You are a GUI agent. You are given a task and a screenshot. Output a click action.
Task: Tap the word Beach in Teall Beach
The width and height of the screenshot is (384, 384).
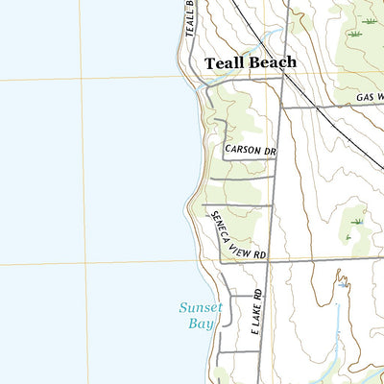coord(273,62)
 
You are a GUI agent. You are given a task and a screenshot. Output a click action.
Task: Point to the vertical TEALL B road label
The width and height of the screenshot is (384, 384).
coord(190,18)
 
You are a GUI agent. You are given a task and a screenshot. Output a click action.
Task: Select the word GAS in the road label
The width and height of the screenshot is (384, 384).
coord(364,98)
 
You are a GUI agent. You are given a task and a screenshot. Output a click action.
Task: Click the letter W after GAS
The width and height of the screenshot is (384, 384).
coord(379,98)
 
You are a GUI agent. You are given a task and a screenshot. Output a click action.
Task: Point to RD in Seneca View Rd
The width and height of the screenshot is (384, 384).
coord(258,256)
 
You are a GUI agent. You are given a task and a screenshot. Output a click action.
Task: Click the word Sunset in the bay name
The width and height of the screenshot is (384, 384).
coord(201,308)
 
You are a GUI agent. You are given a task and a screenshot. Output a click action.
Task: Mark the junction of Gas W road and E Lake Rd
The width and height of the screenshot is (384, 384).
coord(282,107)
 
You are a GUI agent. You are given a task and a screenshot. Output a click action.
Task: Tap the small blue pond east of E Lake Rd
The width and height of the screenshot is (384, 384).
coord(342,280)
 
